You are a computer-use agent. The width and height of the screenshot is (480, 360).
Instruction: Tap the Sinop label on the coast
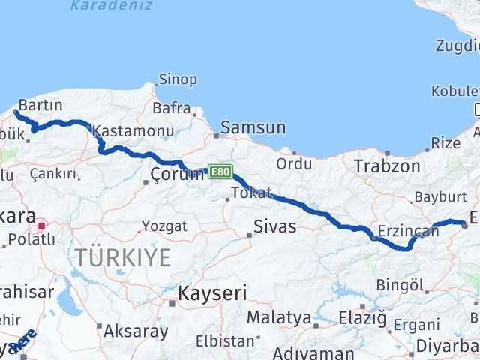(x=178, y=79)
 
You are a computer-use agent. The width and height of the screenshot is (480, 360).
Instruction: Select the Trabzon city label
(x=387, y=166)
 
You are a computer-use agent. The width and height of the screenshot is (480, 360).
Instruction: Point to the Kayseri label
(x=213, y=292)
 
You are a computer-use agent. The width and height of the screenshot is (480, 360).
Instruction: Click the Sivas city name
(x=274, y=226)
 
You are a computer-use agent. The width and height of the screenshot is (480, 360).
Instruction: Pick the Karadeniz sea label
(x=111, y=6)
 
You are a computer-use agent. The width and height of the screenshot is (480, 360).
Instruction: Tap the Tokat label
(x=251, y=193)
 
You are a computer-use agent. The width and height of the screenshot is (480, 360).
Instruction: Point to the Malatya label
(x=278, y=317)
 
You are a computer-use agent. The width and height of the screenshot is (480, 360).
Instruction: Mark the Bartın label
(x=43, y=104)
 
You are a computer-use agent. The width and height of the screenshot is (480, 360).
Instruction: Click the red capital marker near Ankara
(x=42, y=224)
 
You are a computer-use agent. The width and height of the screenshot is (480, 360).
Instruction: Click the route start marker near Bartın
(x=16, y=113)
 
